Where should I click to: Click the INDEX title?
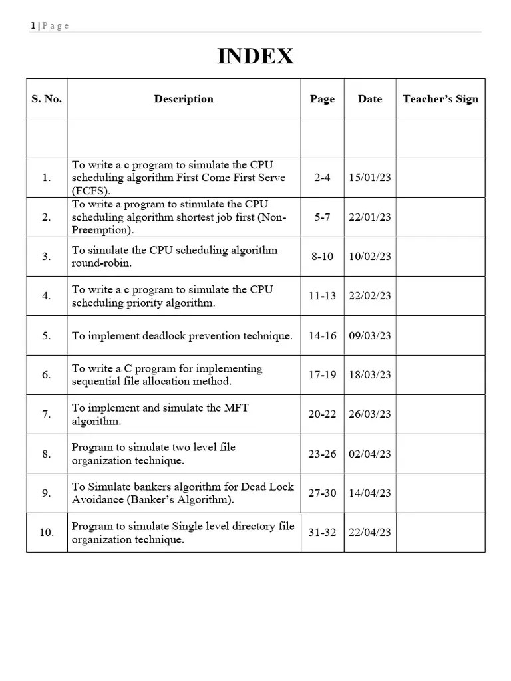255,57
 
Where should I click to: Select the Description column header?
184,99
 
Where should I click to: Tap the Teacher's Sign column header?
440,99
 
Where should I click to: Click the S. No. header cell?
47,99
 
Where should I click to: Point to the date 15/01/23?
370,178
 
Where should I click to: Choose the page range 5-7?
322,217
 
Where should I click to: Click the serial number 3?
47,257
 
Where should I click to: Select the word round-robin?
102,263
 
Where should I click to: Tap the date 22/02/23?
370,296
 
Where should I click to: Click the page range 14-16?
322,336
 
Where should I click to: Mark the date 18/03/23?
370,375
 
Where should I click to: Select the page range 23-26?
322,454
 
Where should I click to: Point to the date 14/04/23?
370,493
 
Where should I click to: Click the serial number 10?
47,533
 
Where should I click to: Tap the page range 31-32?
322,533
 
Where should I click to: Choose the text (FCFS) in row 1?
91,191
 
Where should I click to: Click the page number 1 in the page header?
33,26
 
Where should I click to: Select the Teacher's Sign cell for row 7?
440,414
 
